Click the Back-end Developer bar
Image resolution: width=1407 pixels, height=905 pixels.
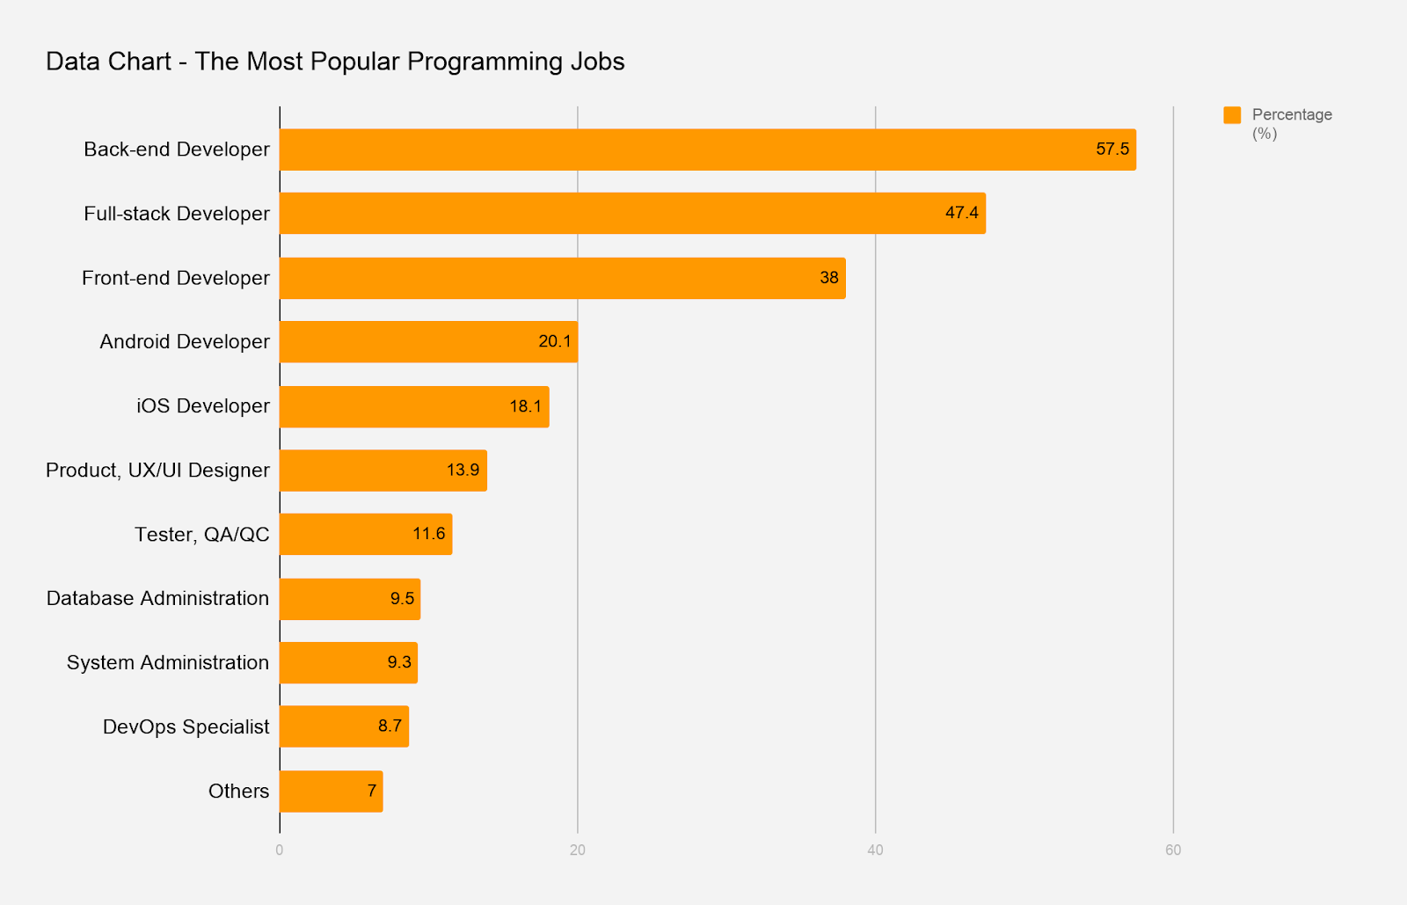(x=708, y=150)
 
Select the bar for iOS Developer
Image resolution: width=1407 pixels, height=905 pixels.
(x=414, y=406)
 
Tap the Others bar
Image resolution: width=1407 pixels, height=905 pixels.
(x=331, y=791)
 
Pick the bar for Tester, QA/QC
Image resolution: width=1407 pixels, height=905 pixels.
(x=366, y=534)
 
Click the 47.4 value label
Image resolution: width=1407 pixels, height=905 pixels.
(x=961, y=213)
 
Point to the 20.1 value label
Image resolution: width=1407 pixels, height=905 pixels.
(x=554, y=341)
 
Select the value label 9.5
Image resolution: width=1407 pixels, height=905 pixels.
(x=402, y=598)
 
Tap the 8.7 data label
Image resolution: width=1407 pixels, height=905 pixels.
(x=390, y=726)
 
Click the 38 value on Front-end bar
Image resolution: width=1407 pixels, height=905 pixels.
(x=828, y=278)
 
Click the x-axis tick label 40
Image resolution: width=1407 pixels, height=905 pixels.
(x=875, y=850)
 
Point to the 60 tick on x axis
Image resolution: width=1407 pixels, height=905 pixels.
(x=1172, y=850)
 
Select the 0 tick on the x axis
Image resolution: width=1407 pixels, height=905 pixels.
(x=280, y=850)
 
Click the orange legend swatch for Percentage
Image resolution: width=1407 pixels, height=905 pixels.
(x=1232, y=115)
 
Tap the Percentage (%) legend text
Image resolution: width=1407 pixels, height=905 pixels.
(x=1291, y=123)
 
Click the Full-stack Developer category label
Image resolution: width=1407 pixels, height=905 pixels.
(x=177, y=214)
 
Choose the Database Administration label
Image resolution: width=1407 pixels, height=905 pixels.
(x=157, y=598)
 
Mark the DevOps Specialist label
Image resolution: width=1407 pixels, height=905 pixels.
(x=186, y=726)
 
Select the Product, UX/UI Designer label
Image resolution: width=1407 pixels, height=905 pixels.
(x=157, y=470)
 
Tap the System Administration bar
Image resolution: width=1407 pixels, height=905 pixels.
(x=348, y=662)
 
